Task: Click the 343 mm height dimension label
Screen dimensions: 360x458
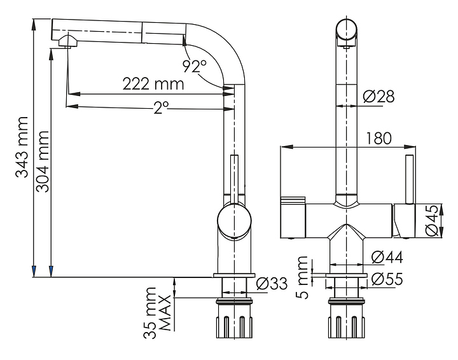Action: (x=23, y=147)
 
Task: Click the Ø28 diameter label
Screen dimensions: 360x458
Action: (x=379, y=96)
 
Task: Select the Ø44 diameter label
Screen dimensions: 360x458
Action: (x=386, y=258)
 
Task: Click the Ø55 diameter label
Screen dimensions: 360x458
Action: (x=386, y=279)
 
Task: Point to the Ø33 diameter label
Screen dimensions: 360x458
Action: (x=272, y=284)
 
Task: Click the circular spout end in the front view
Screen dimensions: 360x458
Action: (x=347, y=30)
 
